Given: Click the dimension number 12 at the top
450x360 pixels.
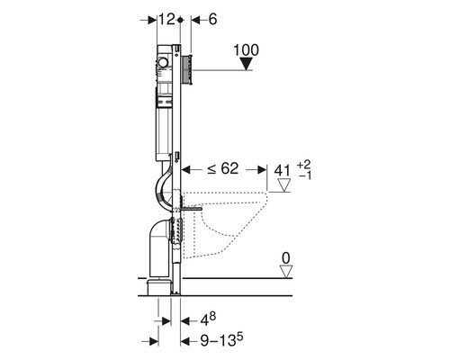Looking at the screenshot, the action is (x=166, y=20).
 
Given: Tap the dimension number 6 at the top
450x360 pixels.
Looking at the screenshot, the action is (x=212, y=20).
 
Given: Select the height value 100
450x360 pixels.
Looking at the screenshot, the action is (x=246, y=50).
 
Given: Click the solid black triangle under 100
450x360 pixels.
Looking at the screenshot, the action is (x=247, y=64).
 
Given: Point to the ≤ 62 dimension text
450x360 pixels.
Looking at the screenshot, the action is (x=222, y=169).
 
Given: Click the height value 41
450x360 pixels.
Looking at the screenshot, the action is (x=283, y=171).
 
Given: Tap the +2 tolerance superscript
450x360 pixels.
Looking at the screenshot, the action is (x=304, y=165).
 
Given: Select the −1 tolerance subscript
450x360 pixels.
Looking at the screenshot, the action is (x=305, y=175).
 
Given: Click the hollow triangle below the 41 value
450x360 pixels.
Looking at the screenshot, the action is (x=284, y=185).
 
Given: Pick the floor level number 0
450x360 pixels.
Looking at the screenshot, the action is (x=286, y=258).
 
